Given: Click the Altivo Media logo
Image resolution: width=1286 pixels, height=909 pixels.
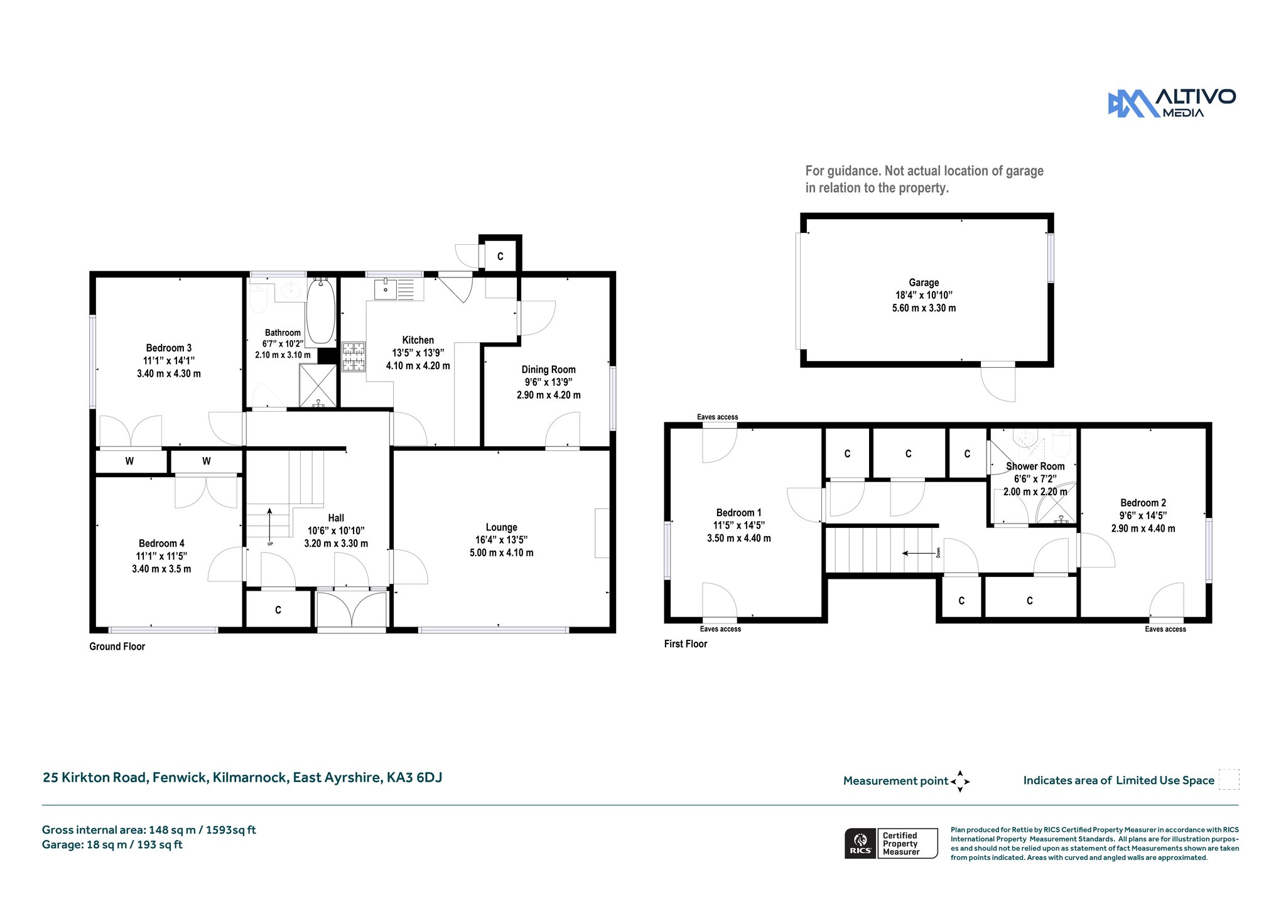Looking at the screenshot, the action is (x=1172, y=103).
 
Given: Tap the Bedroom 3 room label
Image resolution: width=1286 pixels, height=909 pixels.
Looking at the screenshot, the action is (x=169, y=348).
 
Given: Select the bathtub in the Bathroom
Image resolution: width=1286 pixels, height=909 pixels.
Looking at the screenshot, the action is (x=320, y=311).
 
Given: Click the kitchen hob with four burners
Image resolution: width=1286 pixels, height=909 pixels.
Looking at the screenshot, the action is (x=354, y=357).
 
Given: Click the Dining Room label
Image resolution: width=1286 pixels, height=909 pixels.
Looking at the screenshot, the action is (x=549, y=370).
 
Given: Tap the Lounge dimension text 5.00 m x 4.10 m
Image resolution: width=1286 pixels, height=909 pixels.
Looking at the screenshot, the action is (x=502, y=553).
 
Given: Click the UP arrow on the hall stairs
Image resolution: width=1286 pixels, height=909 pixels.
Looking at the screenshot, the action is (x=270, y=522).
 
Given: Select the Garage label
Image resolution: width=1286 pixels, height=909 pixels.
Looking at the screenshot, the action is (x=924, y=282).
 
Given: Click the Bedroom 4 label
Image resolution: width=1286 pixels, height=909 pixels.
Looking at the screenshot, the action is (x=162, y=544).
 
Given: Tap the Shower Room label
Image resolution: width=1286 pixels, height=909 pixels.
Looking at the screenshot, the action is (x=1035, y=466).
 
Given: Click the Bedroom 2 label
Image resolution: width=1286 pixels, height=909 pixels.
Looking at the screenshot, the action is (x=1143, y=503).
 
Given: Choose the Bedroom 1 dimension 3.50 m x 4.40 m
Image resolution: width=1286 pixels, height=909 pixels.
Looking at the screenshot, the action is (x=739, y=539).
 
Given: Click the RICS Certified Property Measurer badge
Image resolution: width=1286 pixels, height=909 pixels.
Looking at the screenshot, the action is (x=891, y=843).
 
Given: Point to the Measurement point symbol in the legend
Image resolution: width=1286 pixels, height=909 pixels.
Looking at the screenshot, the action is (x=960, y=782).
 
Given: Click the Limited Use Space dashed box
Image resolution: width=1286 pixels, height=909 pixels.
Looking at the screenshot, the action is (x=1229, y=779).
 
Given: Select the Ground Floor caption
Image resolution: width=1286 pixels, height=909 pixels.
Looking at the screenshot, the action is (x=117, y=647).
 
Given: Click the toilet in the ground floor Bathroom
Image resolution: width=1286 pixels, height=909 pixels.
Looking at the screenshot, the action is (x=259, y=298).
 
